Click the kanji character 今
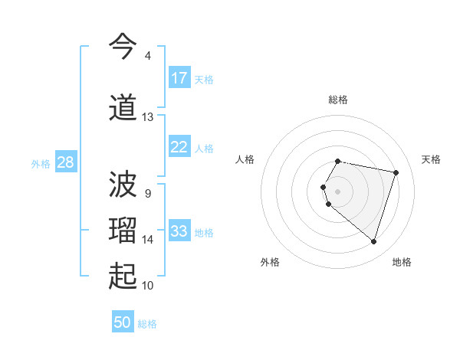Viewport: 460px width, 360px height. point(123,47)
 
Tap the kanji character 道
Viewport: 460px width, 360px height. point(123,107)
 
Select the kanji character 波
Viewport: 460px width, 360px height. point(123,185)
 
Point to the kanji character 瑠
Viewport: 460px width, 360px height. point(123,231)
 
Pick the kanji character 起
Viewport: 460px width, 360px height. point(123,277)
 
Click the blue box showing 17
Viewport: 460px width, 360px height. point(179,78)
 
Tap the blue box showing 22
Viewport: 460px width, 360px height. point(179,147)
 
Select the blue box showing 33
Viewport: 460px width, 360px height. point(179,231)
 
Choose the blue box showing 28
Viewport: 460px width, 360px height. point(65,162)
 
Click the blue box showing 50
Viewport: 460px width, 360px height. point(123,322)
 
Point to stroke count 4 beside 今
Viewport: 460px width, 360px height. point(147,56)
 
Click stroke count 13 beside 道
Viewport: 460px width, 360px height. point(147,117)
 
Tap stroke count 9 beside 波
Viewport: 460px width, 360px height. point(147,193)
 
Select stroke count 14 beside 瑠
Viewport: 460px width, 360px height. point(147,240)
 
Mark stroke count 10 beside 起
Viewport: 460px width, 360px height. point(147,286)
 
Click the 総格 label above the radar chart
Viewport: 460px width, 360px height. point(338,100)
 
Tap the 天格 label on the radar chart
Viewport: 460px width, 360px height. point(431,159)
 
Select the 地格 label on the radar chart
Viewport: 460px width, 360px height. point(402,262)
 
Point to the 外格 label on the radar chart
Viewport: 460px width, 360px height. point(270,262)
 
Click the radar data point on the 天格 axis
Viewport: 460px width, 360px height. point(396,172)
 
